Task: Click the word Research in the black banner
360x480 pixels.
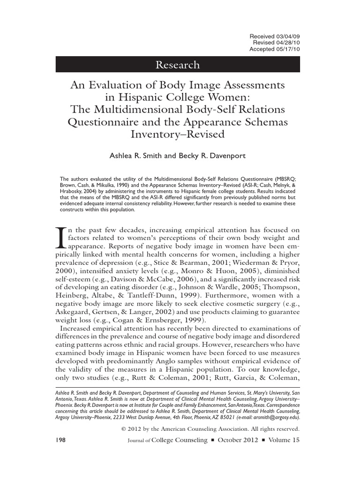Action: [178, 65]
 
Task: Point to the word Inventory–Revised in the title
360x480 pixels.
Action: [178, 134]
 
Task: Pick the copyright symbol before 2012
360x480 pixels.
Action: [123, 429]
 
